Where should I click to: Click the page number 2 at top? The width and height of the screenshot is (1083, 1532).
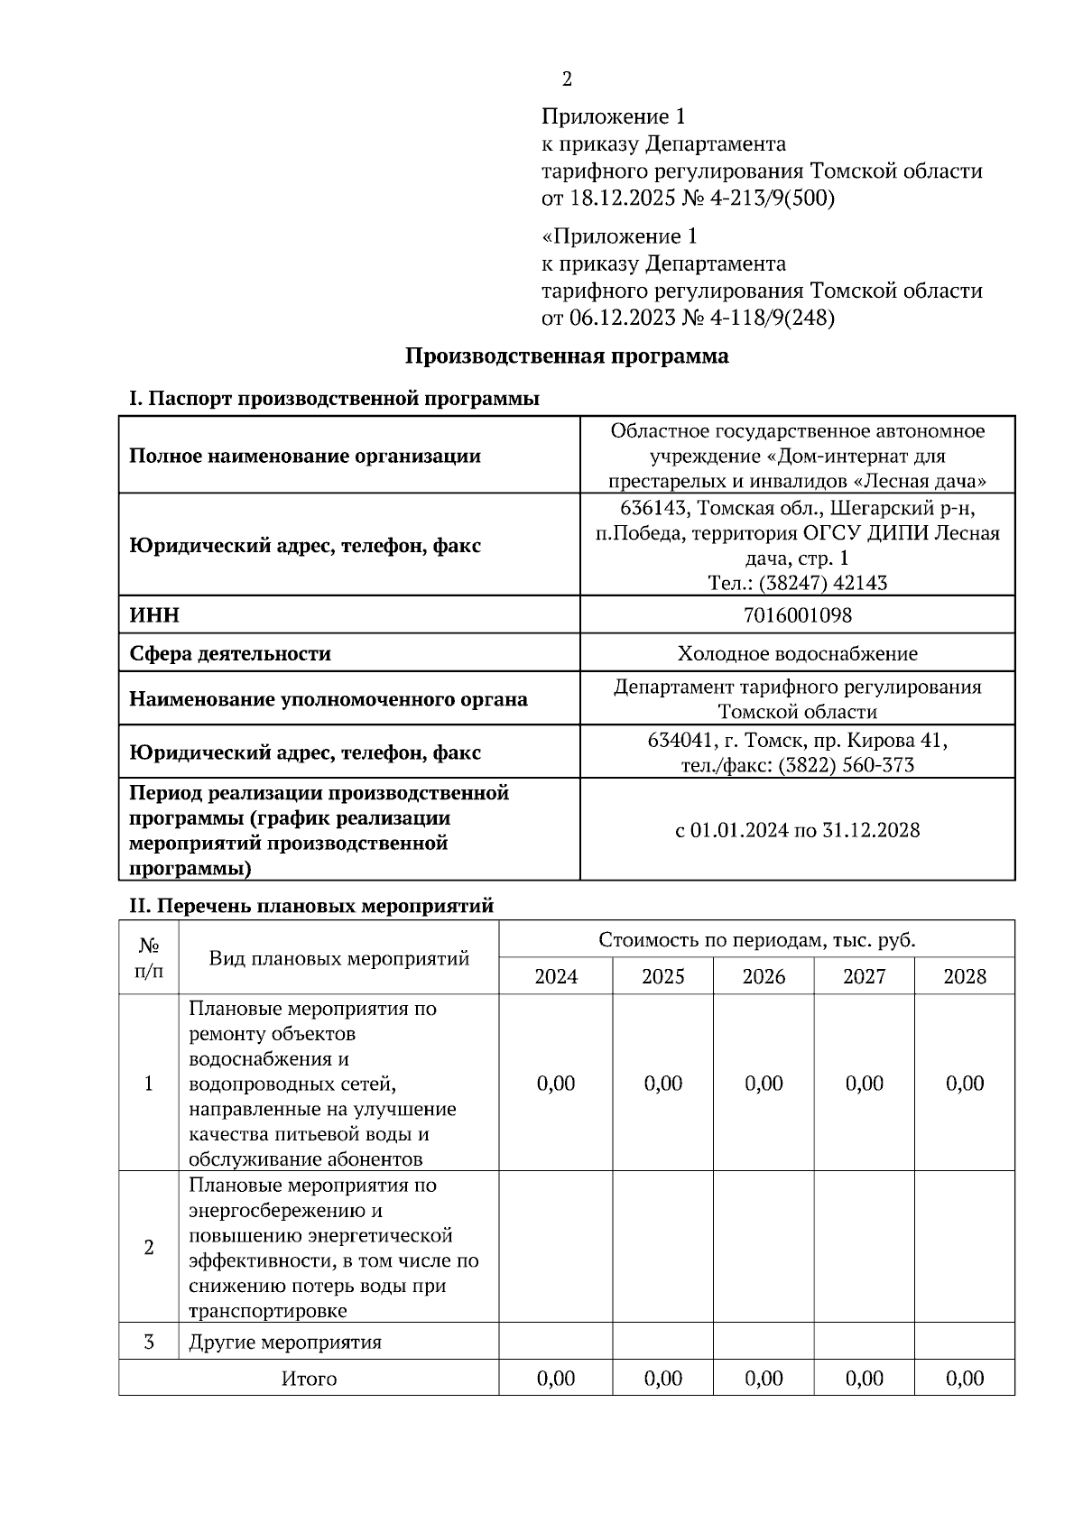(567, 79)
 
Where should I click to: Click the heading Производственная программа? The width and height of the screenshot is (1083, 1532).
(566, 356)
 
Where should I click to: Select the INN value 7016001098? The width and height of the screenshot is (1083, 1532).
(797, 615)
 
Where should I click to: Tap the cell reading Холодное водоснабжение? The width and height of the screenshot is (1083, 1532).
(797, 653)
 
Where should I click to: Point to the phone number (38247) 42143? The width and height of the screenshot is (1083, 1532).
(822, 583)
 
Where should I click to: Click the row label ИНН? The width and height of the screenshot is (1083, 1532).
(154, 615)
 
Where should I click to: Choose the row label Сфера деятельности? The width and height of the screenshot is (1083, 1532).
(230, 653)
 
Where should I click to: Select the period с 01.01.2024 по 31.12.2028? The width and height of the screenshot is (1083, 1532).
(797, 830)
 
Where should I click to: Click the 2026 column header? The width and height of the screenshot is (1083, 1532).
(764, 976)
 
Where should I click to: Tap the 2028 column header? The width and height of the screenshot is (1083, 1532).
(964, 976)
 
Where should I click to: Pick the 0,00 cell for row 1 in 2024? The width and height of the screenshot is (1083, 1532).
(556, 1084)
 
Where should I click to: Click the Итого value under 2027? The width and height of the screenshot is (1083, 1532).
(864, 1379)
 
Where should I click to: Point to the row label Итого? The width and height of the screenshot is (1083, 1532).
(309, 1379)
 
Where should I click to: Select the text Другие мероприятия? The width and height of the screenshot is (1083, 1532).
(285, 1343)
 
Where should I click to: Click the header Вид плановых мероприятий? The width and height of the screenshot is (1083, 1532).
(338, 958)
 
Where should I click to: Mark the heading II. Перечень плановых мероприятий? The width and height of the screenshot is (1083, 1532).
(312, 905)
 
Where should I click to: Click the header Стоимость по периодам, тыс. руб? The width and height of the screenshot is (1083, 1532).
(756, 940)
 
